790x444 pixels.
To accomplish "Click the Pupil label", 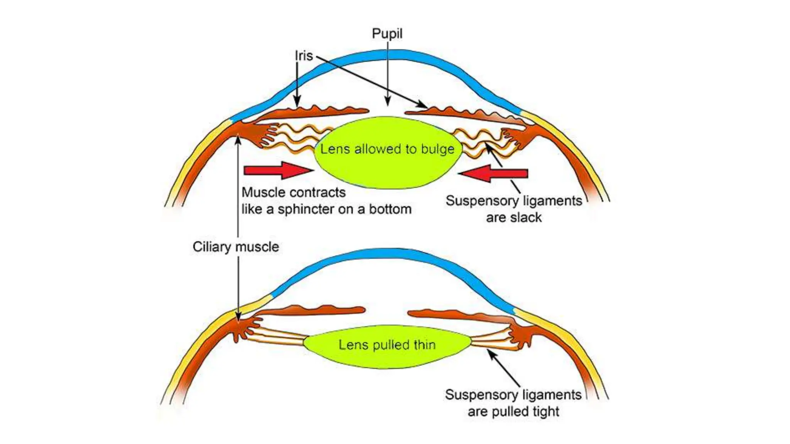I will point(387,34).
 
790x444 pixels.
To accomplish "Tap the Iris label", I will point(304,56).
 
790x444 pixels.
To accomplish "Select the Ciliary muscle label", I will point(236,247).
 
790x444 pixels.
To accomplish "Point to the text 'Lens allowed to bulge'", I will point(387,149).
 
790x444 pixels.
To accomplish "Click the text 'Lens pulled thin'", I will point(387,345).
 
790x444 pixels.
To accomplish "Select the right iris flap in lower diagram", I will point(459,315).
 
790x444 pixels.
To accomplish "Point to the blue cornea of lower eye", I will point(390,253).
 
